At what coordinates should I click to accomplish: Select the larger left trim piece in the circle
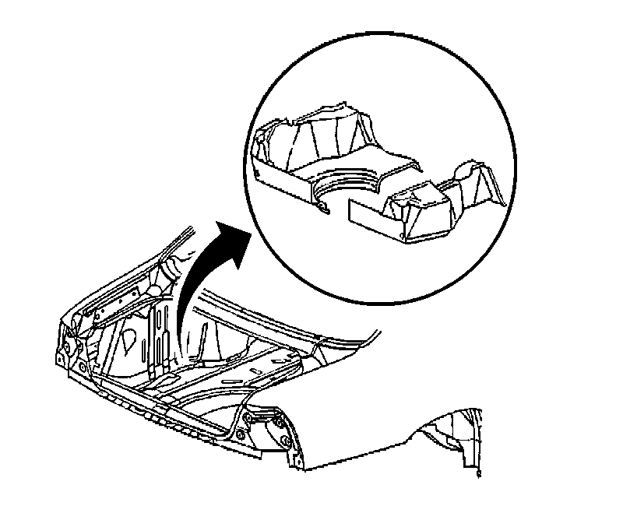[x=327, y=156]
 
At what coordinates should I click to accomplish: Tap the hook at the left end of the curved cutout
[x=322, y=206]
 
